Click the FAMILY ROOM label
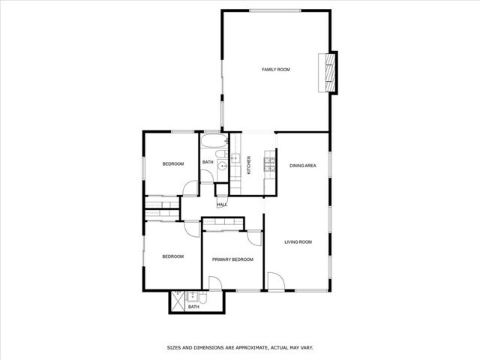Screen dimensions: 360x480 [x=275, y=70]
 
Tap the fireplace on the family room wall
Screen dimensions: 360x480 [x=328, y=73]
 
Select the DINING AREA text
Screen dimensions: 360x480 [x=302, y=165]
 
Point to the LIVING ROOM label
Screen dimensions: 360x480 [x=298, y=241]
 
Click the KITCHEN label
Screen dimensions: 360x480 [x=249, y=166]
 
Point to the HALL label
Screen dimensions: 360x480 [x=222, y=205]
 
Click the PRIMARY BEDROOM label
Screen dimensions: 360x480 [x=232, y=259]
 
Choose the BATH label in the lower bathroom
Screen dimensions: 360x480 [x=193, y=307]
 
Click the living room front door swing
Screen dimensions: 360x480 [x=276, y=282]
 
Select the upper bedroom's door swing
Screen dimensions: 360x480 [x=191, y=190]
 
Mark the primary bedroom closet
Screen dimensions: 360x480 [x=223, y=223]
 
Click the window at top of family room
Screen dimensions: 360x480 [x=275, y=10]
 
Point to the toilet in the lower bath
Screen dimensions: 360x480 [x=193, y=297]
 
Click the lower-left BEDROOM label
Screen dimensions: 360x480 [x=173, y=256]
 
